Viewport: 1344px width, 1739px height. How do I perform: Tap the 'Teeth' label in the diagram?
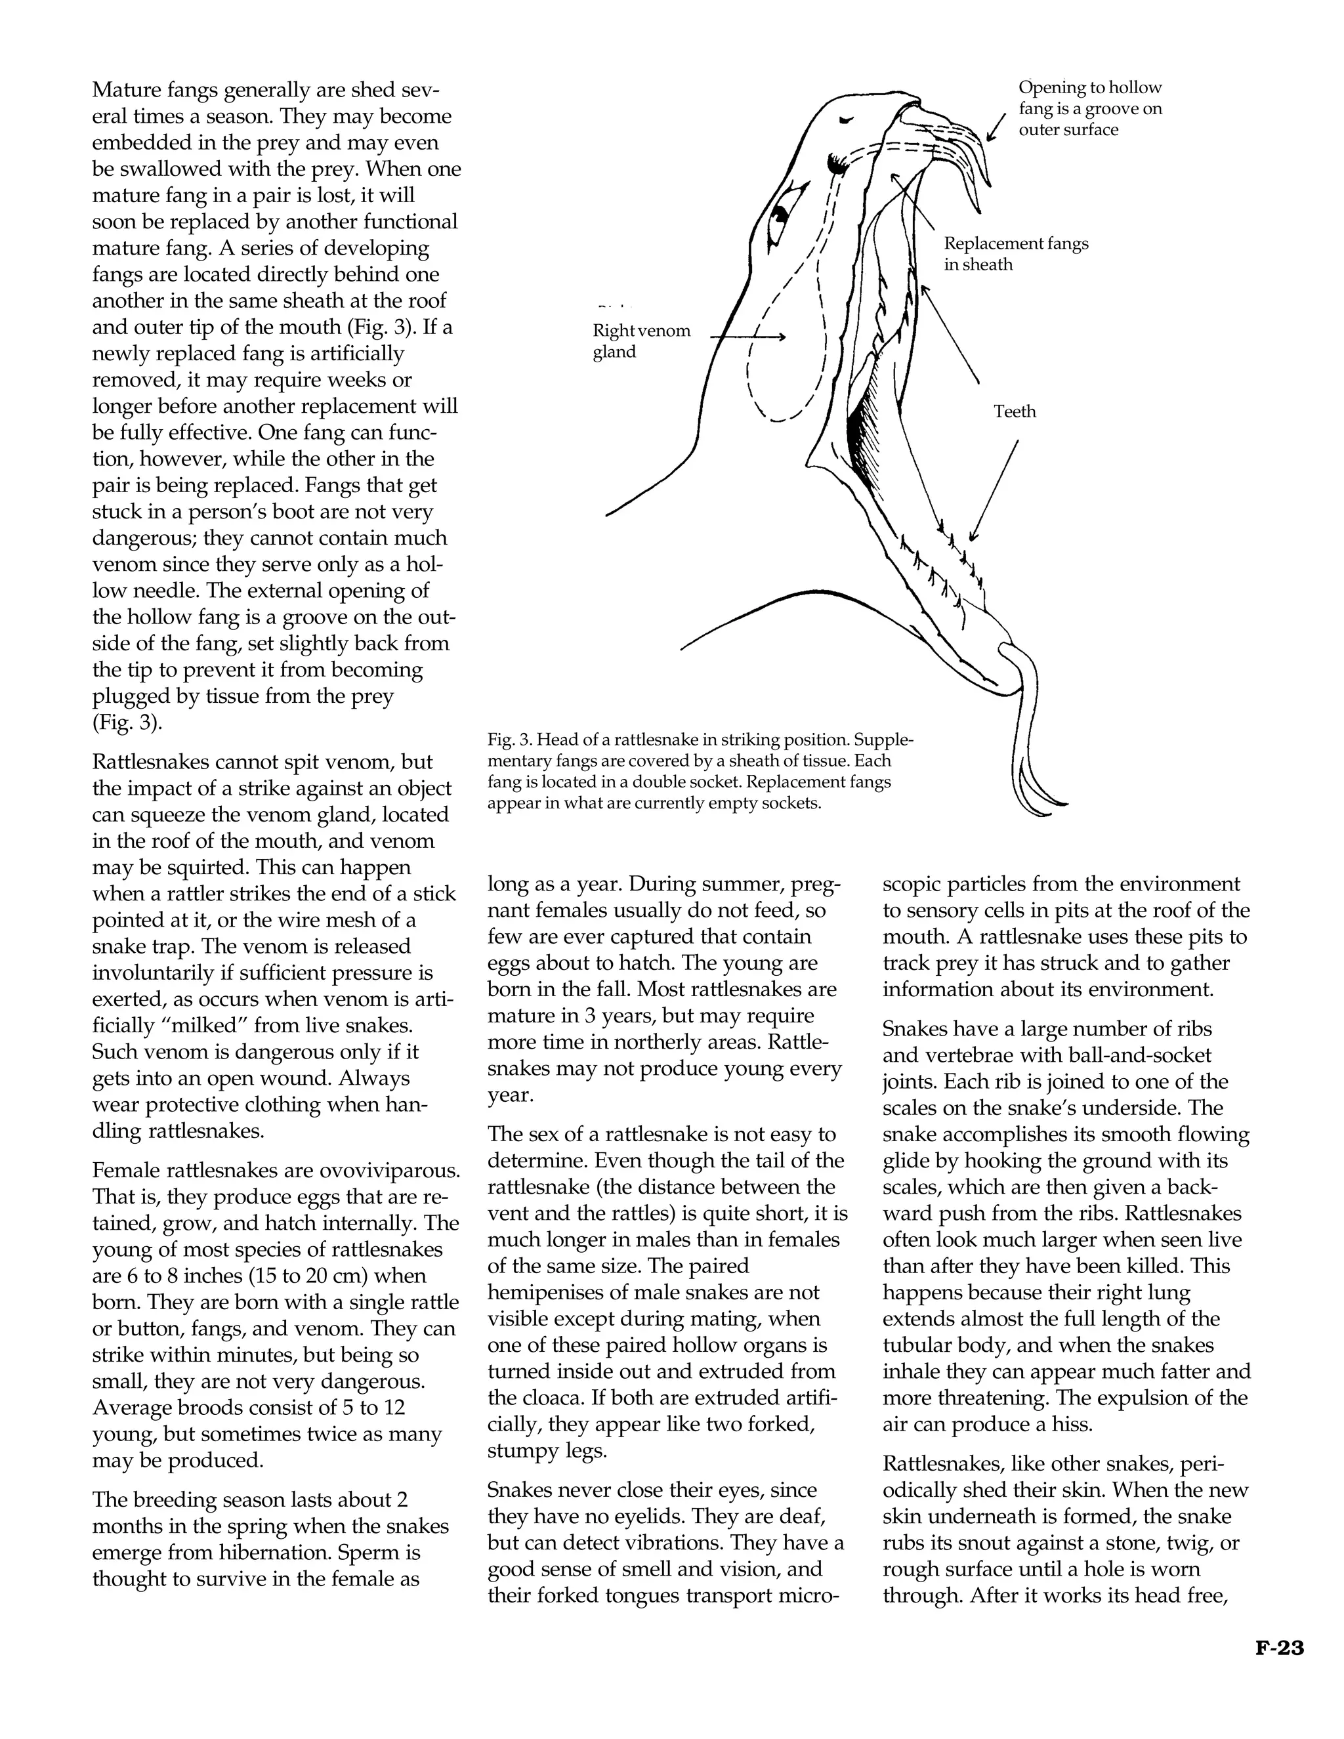(1015, 411)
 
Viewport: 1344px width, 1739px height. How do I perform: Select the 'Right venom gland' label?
(641, 342)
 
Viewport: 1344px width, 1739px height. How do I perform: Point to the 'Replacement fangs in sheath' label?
(1015, 254)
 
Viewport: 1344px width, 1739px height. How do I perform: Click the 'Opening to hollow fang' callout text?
(1089, 108)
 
